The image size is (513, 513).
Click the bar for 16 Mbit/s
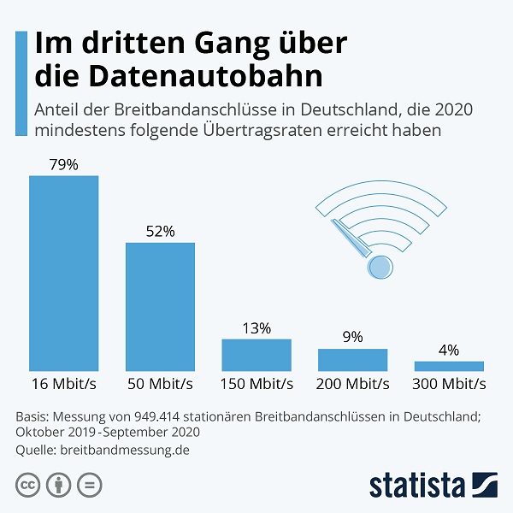click(x=64, y=272)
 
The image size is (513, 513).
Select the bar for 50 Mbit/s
click(x=161, y=305)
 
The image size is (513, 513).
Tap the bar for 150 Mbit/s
click(x=256, y=354)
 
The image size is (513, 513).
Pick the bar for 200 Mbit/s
click(x=353, y=359)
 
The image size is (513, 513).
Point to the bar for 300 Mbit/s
click(x=449, y=365)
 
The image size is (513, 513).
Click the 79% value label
click(x=64, y=164)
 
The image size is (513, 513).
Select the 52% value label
click(x=161, y=231)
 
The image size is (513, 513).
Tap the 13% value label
click(x=256, y=328)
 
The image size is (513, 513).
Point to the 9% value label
click(x=353, y=338)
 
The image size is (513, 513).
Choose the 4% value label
click(x=449, y=350)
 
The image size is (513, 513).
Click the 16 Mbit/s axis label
click(x=64, y=383)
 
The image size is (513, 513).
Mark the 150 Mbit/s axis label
click(x=256, y=383)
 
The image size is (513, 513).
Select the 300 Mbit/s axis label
click(x=449, y=383)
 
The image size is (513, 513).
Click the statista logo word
click(x=416, y=485)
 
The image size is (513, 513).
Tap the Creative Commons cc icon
click(x=27, y=485)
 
